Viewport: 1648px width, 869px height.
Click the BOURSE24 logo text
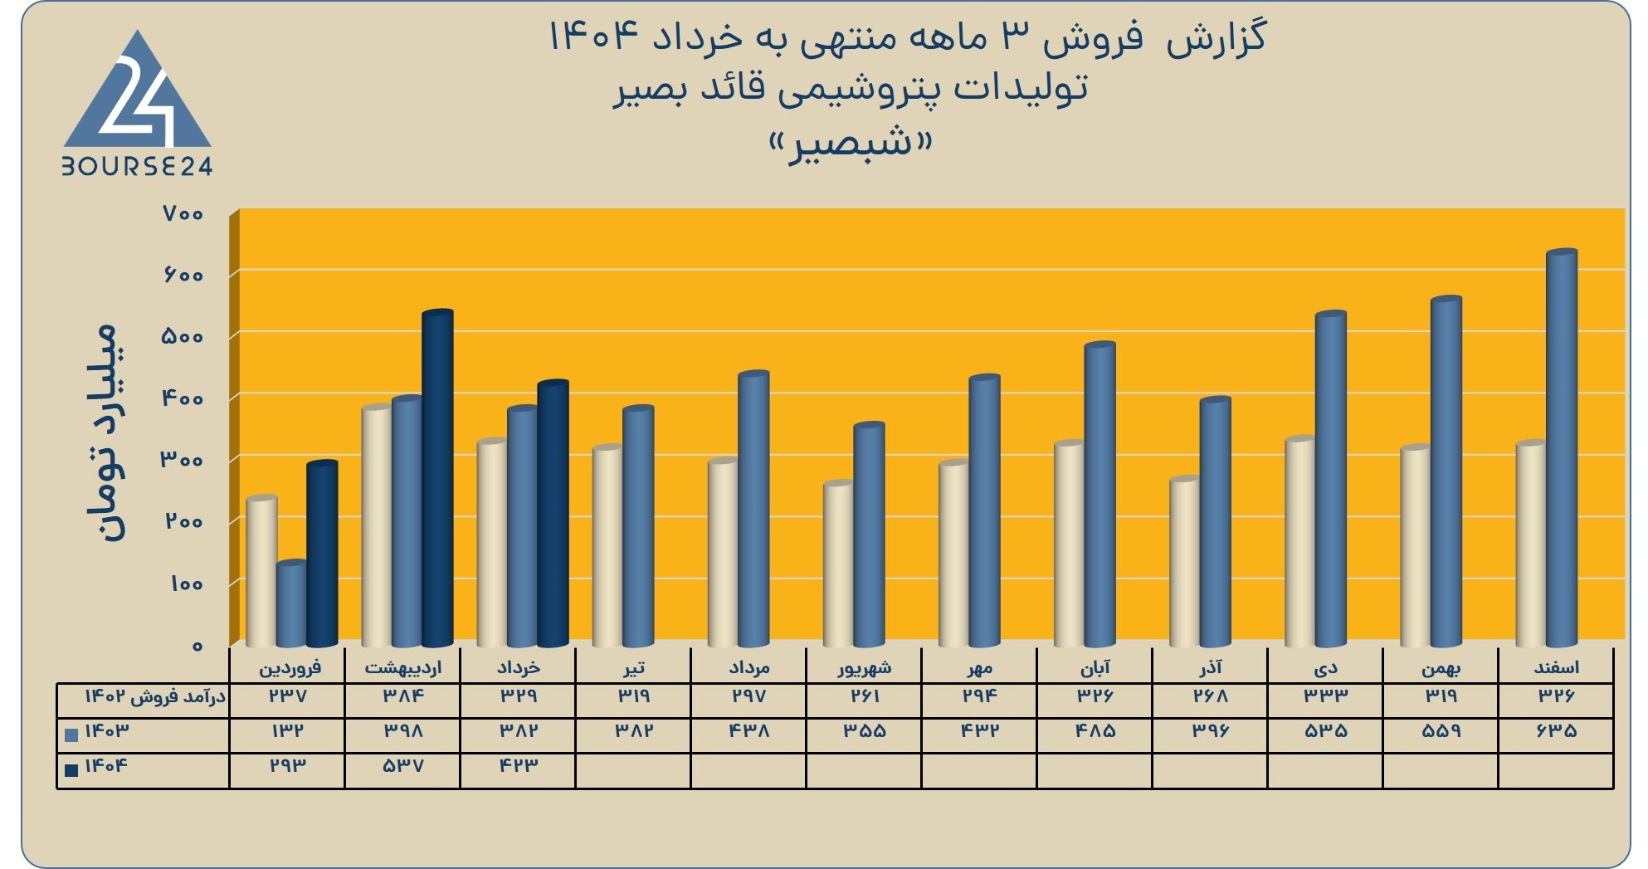(137, 167)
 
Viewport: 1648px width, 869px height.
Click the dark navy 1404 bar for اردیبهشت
(437, 478)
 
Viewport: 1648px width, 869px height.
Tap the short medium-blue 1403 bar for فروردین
(291, 604)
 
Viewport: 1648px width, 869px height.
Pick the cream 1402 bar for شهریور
(838, 564)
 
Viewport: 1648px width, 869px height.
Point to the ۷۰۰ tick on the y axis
(183, 214)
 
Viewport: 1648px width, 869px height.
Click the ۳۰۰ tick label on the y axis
(182, 460)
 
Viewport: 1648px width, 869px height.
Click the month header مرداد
(748, 667)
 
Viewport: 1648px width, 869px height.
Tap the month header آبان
(1095, 667)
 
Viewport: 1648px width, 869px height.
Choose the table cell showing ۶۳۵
(1557, 731)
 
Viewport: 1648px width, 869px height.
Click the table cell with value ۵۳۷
(403, 765)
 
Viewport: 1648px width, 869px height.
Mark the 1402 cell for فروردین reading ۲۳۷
(288, 696)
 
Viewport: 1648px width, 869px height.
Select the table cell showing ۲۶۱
(865, 696)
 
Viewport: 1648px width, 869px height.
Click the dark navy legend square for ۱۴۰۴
(71, 769)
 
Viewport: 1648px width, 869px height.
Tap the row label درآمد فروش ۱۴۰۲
(155, 696)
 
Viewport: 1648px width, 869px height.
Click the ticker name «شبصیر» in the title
(851, 144)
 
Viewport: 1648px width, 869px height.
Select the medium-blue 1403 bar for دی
(1331, 480)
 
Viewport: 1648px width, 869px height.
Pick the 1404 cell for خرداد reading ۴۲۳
(519, 765)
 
